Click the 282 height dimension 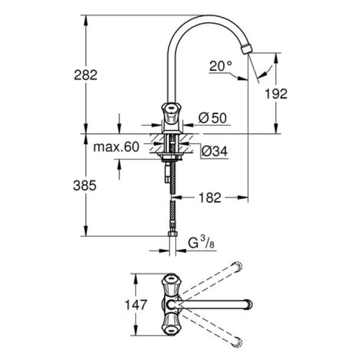click(85, 75)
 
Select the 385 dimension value click(85, 186)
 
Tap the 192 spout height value click(276, 93)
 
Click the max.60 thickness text click(116, 148)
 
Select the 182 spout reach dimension click(210, 196)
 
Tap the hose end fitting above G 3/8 click(173, 236)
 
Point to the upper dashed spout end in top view click(237, 266)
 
